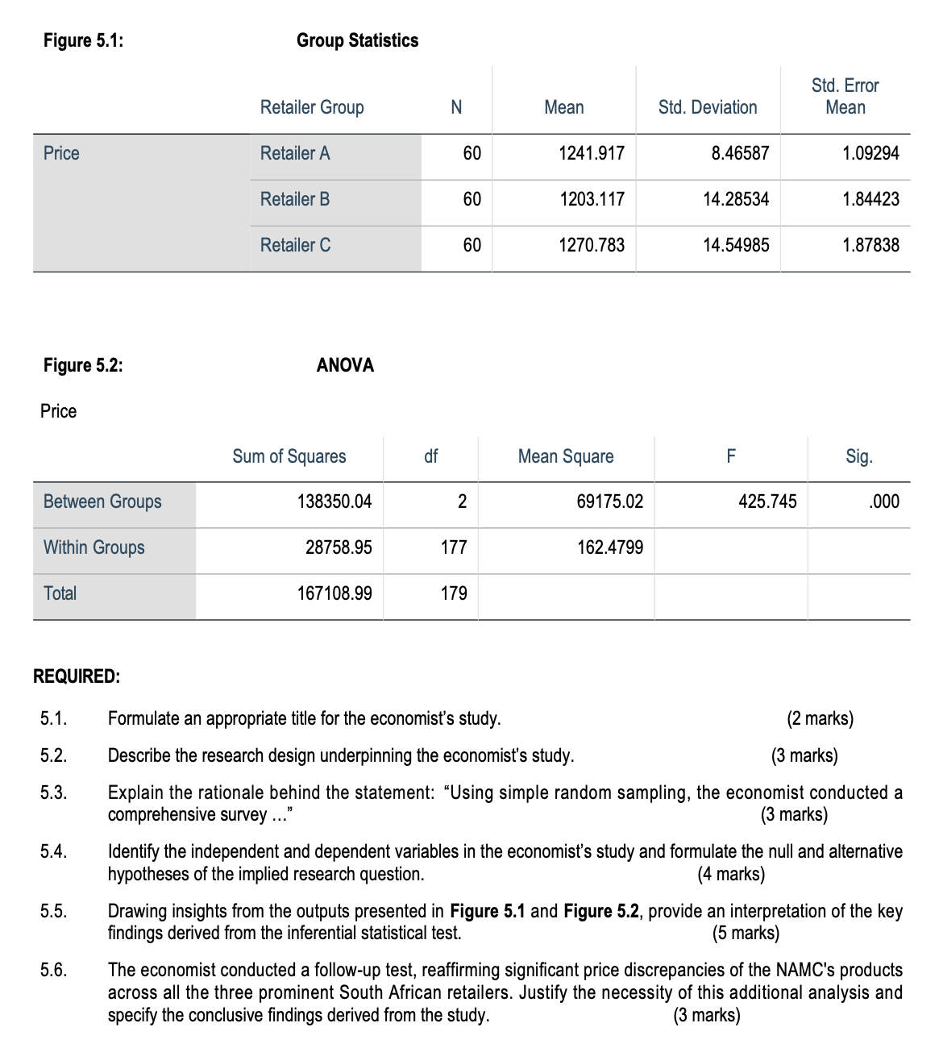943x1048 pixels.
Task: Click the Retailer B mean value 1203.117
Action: (x=592, y=199)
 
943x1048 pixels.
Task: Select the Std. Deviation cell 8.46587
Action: (x=740, y=153)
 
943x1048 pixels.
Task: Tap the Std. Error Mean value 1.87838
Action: (x=870, y=245)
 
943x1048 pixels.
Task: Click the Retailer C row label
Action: (x=295, y=245)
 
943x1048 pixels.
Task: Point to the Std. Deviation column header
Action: (x=708, y=107)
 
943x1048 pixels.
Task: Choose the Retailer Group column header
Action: (x=312, y=107)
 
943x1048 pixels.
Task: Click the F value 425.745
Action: (x=767, y=501)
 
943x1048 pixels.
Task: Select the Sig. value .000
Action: (x=884, y=501)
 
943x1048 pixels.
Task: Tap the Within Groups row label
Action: (x=94, y=547)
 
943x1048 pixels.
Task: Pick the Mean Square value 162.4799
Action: (x=610, y=547)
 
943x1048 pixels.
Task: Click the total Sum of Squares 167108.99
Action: (x=334, y=593)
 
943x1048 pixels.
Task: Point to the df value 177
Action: (x=454, y=547)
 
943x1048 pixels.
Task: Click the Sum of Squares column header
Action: (x=289, y=456)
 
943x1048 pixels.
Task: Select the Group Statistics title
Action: (x=358, y=40)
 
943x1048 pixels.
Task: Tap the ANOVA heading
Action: (x=345, y=365)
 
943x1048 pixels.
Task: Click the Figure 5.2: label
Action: (x=83, y=365)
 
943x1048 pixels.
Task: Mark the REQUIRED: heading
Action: (x=77, y=676)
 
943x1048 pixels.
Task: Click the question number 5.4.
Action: (x=53, y=851)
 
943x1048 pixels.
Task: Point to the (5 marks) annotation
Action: (x=746, y=934)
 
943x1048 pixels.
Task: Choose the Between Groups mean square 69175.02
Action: (x=610, y=501)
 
